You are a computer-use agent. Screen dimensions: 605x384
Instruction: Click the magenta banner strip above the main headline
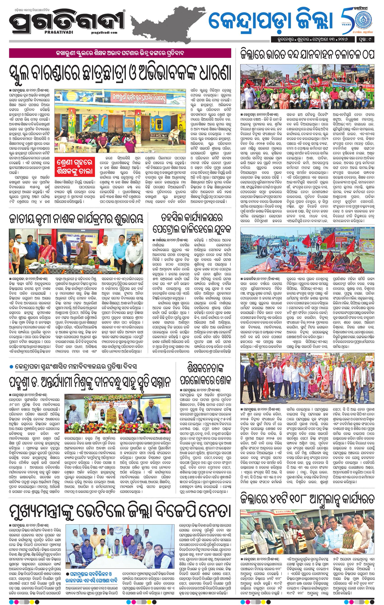pyautogui.click(x=120, y=53)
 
